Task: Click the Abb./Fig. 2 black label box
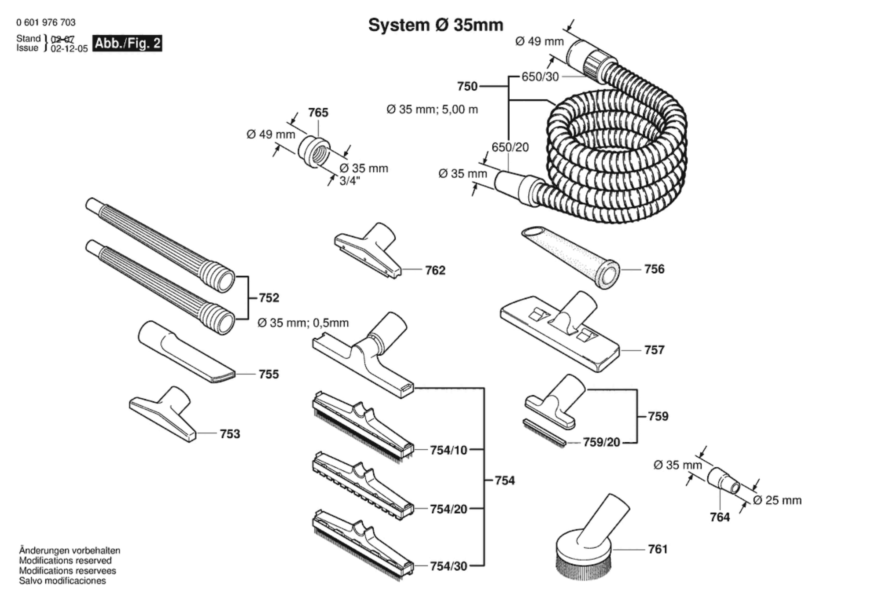[128, 43]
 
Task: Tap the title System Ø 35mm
[435, 25]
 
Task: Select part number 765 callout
[318, 113]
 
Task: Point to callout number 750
[467, 86]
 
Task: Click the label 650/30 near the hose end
[540, 77]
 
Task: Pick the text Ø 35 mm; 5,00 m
[432, 110]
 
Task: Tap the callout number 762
[435, 270]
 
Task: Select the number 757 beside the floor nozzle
[654, 350]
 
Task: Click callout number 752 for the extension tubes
[269, 298]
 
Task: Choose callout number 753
[230, 434]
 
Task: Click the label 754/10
[449, 450]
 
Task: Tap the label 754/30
[449, 566]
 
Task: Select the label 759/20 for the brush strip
[601, 442]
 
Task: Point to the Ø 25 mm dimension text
[777, 500]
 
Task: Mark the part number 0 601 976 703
[46, 22]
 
